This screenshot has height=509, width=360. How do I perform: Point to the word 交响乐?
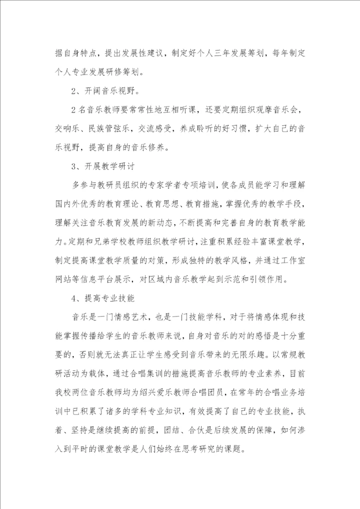click(x=67, y=128)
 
